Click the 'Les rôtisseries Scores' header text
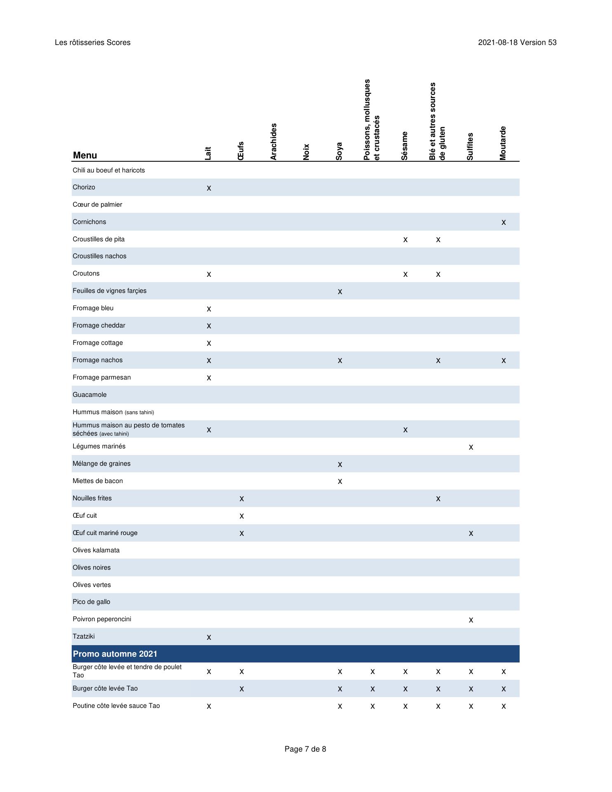(x=92, y=42)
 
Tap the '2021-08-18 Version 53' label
(x=517, y=42)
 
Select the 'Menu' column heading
(x=85, y=156)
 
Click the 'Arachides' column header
(x=273, y=141)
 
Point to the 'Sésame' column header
(x=405, y=146)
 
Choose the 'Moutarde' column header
(x=503, y=143)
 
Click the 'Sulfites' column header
(x=470, y=146)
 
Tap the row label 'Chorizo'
(x=84, y=187)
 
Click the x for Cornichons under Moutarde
(x=504, y=222)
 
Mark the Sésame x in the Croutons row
(x=405, y=274)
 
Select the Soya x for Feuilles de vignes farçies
(x=340, y=292)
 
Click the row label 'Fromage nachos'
(x=97, y=360)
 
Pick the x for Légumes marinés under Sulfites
(x=471, y=447)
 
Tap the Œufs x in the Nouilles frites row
(x=242, y=499)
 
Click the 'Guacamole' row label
(x=89, y=395)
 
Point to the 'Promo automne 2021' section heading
(x=115, y=654)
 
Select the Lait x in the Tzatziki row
(x=209, y=637)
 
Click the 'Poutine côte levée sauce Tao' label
(x=116, y=706)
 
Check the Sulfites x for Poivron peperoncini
(x=471, y=620)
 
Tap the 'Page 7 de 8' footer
(x=305, y=749)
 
